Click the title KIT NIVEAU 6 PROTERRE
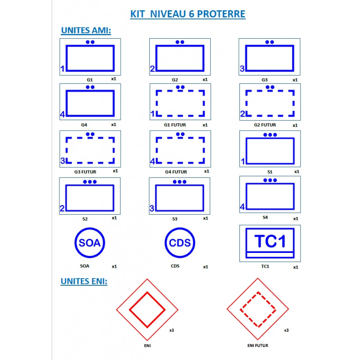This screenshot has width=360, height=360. pos(188,14)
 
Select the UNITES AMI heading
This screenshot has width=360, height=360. pos(85,31)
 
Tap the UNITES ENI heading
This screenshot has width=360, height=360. pos(84,281)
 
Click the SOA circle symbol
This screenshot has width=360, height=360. pos(90,243)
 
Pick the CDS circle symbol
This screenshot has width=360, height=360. pos(180,243)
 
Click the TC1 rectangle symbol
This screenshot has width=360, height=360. pos(270,243)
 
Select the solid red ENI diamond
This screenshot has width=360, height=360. pos(147,310)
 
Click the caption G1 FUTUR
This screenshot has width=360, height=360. pos(175,125)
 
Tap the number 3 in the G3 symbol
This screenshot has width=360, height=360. pos(242,69)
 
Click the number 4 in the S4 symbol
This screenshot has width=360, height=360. pos(243,207)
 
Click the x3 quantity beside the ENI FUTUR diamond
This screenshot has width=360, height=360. pos(286,330)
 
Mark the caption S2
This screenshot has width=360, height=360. pos(85,219)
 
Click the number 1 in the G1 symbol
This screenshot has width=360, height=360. pos(63,69)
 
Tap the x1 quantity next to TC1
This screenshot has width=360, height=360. pos(296,267)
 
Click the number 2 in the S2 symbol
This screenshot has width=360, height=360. pos(63,208)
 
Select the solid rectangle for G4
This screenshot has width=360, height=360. pos(90,103)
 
